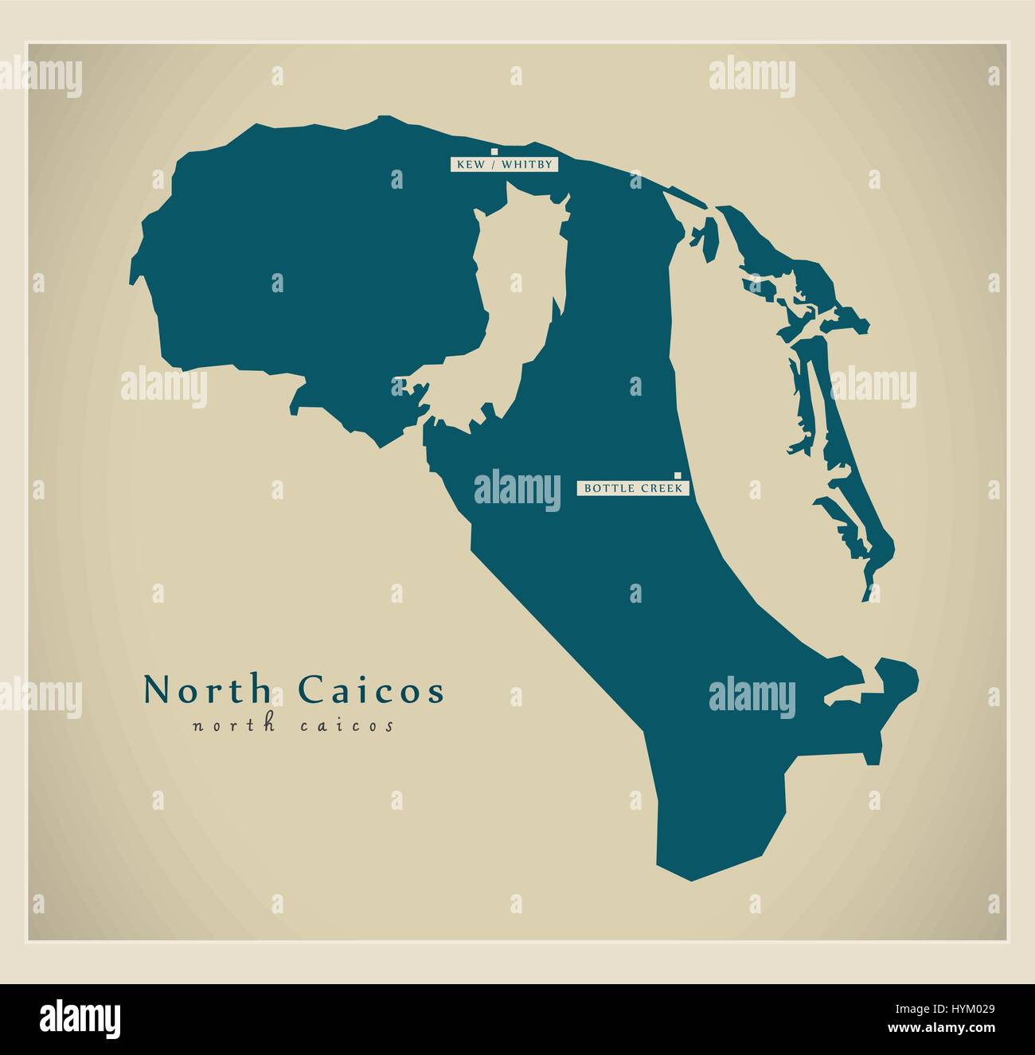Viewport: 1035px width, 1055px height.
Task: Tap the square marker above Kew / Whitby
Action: [x=494, y=150]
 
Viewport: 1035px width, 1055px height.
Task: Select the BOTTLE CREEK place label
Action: [x=633, y=488]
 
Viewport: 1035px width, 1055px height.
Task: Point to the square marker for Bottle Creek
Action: [x=678, y=475]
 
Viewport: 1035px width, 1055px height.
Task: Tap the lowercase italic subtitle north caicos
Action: [x=293, y=726]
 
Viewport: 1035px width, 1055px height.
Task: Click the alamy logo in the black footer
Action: [x=80, y=1018]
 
